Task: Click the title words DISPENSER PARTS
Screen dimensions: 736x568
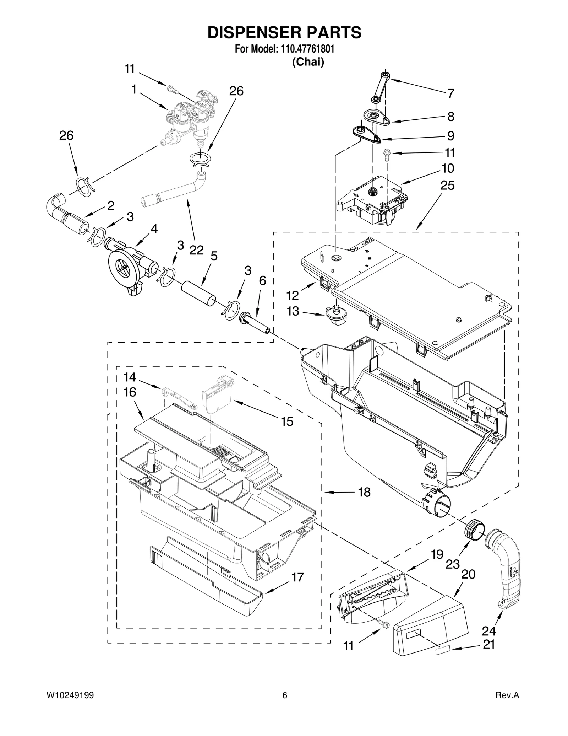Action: (284, 32)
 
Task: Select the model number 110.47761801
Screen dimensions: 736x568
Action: (307, 49)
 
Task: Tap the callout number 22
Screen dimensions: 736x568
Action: (196, 250)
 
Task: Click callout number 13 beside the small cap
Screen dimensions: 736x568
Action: (293, 311)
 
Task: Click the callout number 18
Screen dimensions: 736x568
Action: (364, 492)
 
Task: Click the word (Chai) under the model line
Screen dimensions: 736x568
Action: (308, 62)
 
